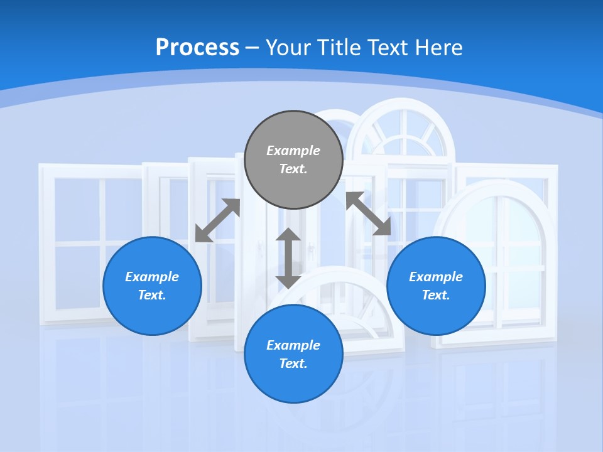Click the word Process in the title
[x=197, y=48]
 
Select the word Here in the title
[x=438, y=47]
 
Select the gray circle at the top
[x=293, y=160]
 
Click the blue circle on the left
[x=152, y=286]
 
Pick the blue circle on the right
[x=436, y=286]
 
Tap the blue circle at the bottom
[x=293, y=354]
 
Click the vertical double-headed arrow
[x=288, y=258]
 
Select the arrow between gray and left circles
[x=218, y=220]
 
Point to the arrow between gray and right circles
[x=369, y=213]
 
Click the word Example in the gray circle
[x=293, y=151]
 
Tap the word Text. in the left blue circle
[x=152, y=295]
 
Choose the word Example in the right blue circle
[x=436, y=277]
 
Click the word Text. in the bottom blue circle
[x=293, y=363]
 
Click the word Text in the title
[x=388, y=47]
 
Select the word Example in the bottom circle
[x=293, y=345]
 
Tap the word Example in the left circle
[x=152, y=277]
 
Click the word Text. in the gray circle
[x=293, y=169]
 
